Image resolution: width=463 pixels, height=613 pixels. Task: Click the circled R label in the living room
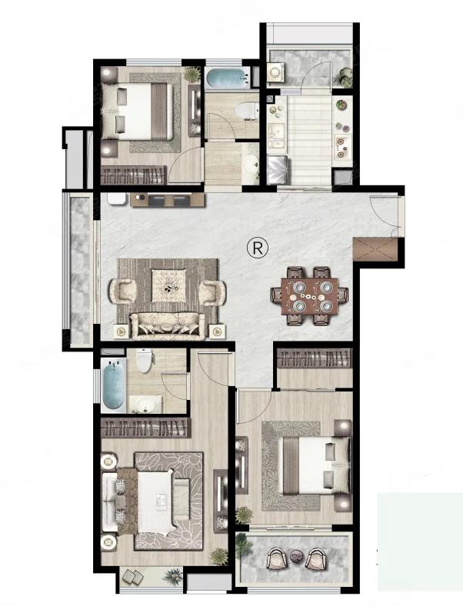258,247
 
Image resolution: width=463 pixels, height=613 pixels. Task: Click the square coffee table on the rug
168,285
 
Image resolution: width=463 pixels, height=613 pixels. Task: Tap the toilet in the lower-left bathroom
145,361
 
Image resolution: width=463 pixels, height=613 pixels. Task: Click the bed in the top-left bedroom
137,112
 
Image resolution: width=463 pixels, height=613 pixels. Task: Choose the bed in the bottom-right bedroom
315,466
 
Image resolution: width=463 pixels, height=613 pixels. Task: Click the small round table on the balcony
295,555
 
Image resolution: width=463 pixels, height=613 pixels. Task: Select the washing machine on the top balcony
276,72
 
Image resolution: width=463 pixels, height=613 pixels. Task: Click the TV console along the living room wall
168,200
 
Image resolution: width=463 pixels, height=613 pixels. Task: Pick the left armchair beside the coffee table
122,292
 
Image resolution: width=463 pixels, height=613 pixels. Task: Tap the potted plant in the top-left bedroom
192,74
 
